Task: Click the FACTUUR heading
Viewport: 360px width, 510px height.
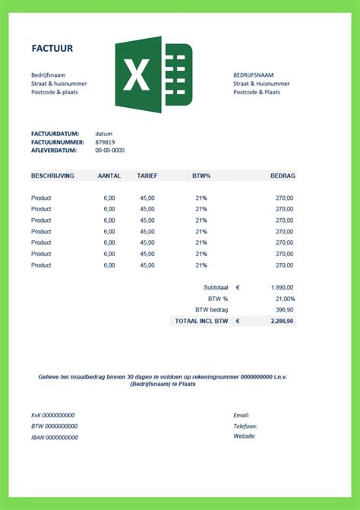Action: pos(52,48)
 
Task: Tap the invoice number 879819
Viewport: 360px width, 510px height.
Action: pos(105,142)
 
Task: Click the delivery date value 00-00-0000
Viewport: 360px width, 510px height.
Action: pos(110,150)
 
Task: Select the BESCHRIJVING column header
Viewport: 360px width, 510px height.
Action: pos(52,176)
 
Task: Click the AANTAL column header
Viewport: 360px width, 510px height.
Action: pos(109,176)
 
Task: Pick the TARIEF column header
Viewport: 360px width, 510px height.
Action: pos(147,176)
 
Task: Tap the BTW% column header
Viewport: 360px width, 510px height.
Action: pos(201,176)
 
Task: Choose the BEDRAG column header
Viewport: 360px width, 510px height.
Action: pos(283,176)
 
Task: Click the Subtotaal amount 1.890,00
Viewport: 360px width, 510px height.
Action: pos(282,288)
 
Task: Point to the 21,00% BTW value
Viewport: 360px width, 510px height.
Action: pos(283,299)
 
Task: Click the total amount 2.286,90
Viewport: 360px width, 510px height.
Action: pos(283,322)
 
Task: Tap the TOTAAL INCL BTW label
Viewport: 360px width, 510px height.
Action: pos(201,322)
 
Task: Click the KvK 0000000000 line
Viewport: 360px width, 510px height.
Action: pos(53,415)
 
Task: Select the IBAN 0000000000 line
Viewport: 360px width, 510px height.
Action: pos(54,437)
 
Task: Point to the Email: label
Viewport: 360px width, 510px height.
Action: pos(242,415)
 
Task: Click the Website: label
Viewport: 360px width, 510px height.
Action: pos(245,436)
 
